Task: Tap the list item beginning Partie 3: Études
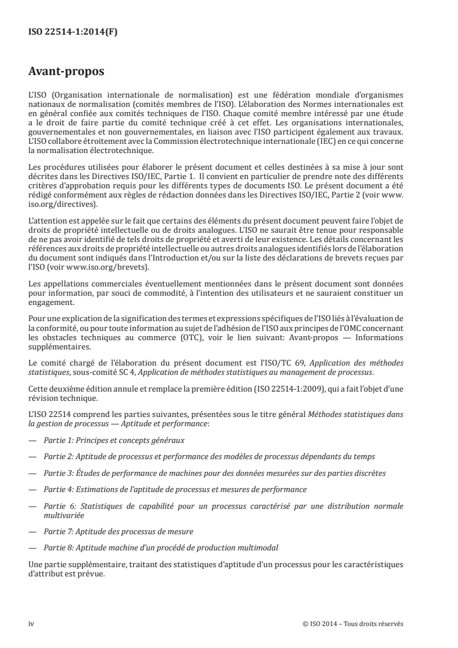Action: click(x=215, y=473)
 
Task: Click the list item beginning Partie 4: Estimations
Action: click(x=175, y=489)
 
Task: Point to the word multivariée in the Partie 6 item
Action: click(x=64, y=514)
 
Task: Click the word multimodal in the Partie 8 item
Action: click(x=255, y=546)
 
